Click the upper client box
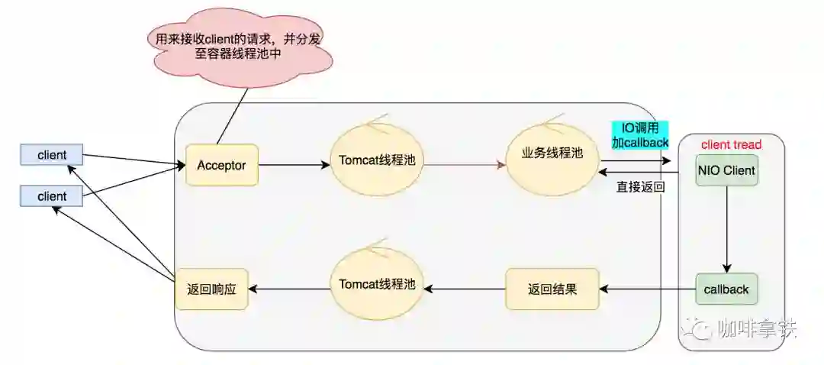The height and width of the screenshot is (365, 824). click(52, 155)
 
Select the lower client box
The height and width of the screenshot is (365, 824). click(52, 196)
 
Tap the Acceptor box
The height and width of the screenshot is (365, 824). click(221, 165)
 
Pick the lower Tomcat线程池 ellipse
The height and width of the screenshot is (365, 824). click(377, 285)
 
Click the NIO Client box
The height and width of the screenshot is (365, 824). click(726, 170)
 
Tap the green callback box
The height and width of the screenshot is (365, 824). click(726, 290)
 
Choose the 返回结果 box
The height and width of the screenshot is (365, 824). click(552, 289)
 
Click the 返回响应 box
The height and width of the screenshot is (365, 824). click(211, 289)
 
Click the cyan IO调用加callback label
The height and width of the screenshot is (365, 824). click(639, 134)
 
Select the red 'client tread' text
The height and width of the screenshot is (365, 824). click(731, 144)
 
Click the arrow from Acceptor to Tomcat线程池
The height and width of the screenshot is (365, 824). click(294, 164)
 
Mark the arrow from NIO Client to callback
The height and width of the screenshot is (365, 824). click(726, 229)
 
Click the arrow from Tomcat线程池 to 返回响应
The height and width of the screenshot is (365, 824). click(289, 289)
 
